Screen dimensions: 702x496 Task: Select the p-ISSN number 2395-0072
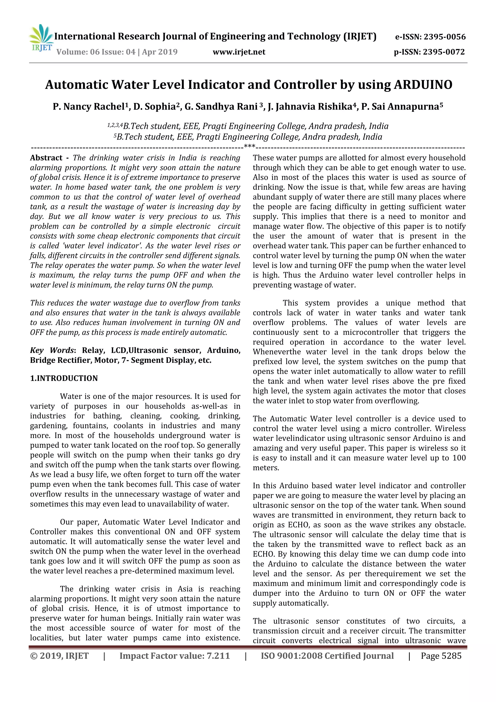[443, 52]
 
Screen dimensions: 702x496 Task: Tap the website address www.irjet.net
[239, 52]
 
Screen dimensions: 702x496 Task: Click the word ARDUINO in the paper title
[423, 85]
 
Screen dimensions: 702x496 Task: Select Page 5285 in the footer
[441, 655]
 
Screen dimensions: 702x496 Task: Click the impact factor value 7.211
[218, 655]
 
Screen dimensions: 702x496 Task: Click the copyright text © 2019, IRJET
[59, 655]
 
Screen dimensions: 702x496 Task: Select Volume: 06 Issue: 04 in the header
[96, 52]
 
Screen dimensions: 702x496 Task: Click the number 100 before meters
[459, 458]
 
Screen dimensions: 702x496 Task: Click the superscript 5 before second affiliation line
[115, 135]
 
